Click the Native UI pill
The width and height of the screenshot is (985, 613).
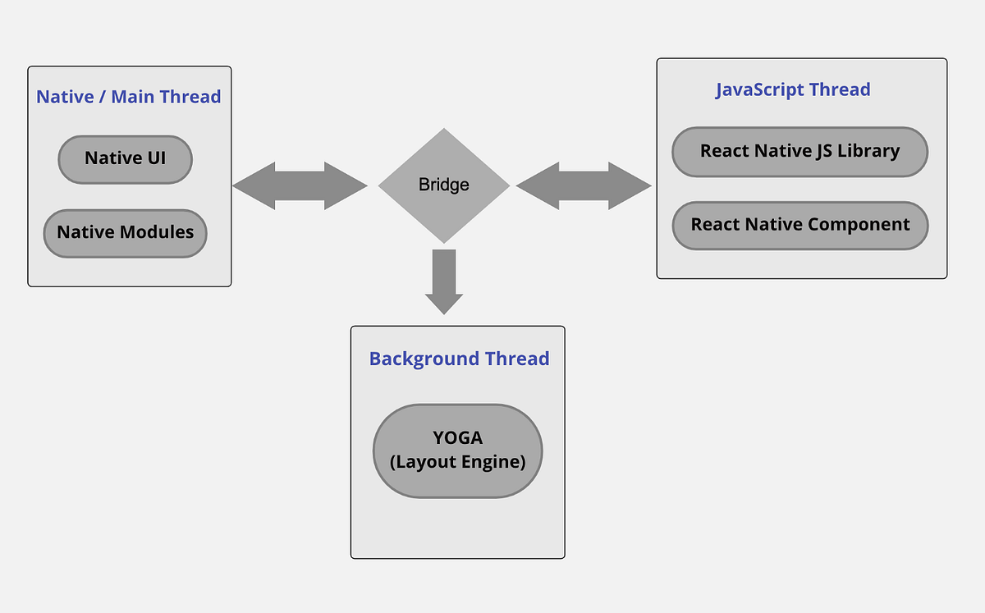click(125, 159)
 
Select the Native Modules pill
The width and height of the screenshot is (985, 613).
click(125, 233)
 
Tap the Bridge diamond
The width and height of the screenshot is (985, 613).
click(443, 185)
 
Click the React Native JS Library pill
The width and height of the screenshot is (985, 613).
click(799, 152)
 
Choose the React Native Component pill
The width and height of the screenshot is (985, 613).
click(799, 225)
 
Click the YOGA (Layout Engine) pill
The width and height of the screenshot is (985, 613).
click(457, 451)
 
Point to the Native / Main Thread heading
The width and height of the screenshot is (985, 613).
click(129, 97)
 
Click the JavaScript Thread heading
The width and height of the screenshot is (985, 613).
click(793, 89)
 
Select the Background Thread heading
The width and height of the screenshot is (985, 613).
click(459, 359)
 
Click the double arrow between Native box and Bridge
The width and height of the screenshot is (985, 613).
click(300, 186)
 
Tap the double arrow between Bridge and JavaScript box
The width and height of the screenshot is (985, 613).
click(584, 186)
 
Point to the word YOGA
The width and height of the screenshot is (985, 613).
click(457, 438)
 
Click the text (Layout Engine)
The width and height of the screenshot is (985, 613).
click(457, 462)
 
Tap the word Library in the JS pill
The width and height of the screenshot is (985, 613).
click(868, 152)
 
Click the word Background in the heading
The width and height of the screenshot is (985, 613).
click(413, 359)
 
